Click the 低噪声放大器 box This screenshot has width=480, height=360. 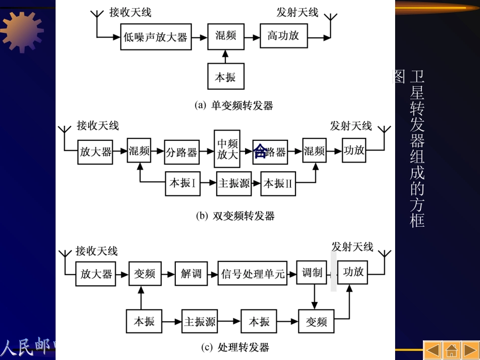pyautogui.click(x=156, y=36)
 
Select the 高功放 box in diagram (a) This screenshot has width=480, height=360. pyautogui.click(x=283, y=36)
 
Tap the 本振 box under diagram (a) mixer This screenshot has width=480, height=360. pyautogui.click(x=225, y=77)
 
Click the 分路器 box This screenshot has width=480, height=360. pyautogui.click(x=181, y=151)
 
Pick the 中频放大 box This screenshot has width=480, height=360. pyautogui.click(x=227, y=149)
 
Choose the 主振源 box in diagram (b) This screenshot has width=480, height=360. pyautogui.click(x=234, y=183)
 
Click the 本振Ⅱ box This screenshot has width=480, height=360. pyautogui.click(x=278, y=183)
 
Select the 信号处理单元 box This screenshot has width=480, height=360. pyautogui.click(x=252, y=274)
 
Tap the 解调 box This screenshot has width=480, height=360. pyautogui.click(x=191, y=274)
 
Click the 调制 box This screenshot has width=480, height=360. pyautogui.click(x=312, y=273)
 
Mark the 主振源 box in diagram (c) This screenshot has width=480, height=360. pyautogui.click(x=200, y=321)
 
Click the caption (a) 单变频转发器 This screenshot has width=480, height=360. pyautogui.click(x=234, y=105)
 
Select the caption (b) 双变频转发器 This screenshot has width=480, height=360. pyautogui.click(x=235, y=216)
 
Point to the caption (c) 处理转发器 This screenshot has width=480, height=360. pyautogui.click(x=235, y=347)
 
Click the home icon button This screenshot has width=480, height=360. pyautogui.click(x=451, y=350)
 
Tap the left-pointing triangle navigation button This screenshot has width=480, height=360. pyautogui.click(x=433, y=350)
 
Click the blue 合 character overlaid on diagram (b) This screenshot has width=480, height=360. pyautogui.click(x=260, y=150)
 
